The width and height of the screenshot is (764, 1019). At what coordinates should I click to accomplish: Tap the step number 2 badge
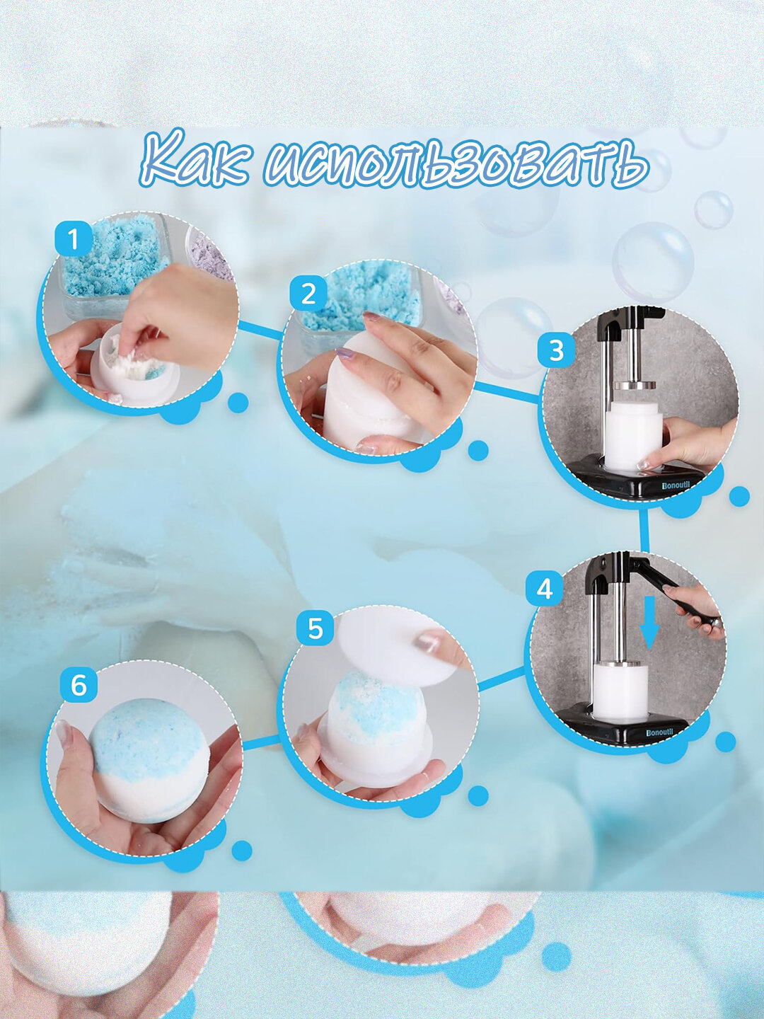click(x=308, y=294)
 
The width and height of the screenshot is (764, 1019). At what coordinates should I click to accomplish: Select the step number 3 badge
click(x=556, y=350)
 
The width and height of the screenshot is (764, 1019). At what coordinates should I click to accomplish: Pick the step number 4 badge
click(x=545, y=589)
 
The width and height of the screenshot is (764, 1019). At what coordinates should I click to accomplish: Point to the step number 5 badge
click(x=316, y=629)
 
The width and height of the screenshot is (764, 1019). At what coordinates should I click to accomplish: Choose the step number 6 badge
click(x=79, y=686)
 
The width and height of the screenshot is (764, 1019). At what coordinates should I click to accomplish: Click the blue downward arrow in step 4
click(x=649, y=623)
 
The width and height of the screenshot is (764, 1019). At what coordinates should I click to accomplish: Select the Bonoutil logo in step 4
click(x=662, y=732)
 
